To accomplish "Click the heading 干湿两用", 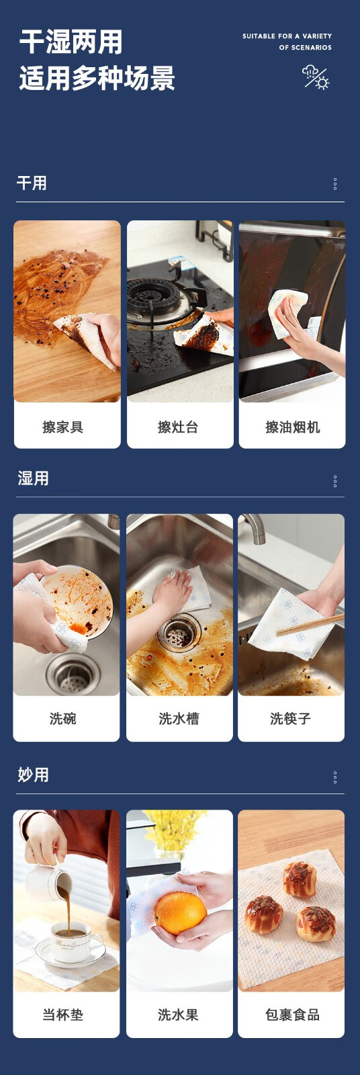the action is click(x=71, y=42).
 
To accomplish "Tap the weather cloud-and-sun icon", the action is click(x=316, y=77).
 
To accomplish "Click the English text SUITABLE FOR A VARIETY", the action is click(x=287, y=36).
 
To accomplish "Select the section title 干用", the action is click(x=32, y=183).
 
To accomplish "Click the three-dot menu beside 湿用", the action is click(x=335, y=481).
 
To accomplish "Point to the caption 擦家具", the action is click(x=63, y=427).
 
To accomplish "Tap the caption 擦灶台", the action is click(x=178, y=427).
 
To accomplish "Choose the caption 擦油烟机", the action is click(x=292, y=427).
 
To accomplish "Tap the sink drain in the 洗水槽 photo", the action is click(x=179, y=632).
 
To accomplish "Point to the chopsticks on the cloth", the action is click(x=310, y=623).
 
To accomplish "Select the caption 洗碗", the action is click(x=63, y=718).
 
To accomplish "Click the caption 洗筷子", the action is click(x=290, y=718).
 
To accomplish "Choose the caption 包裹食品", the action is click(x=292, y=1014).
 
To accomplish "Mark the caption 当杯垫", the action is click(x=63, y=1014).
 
